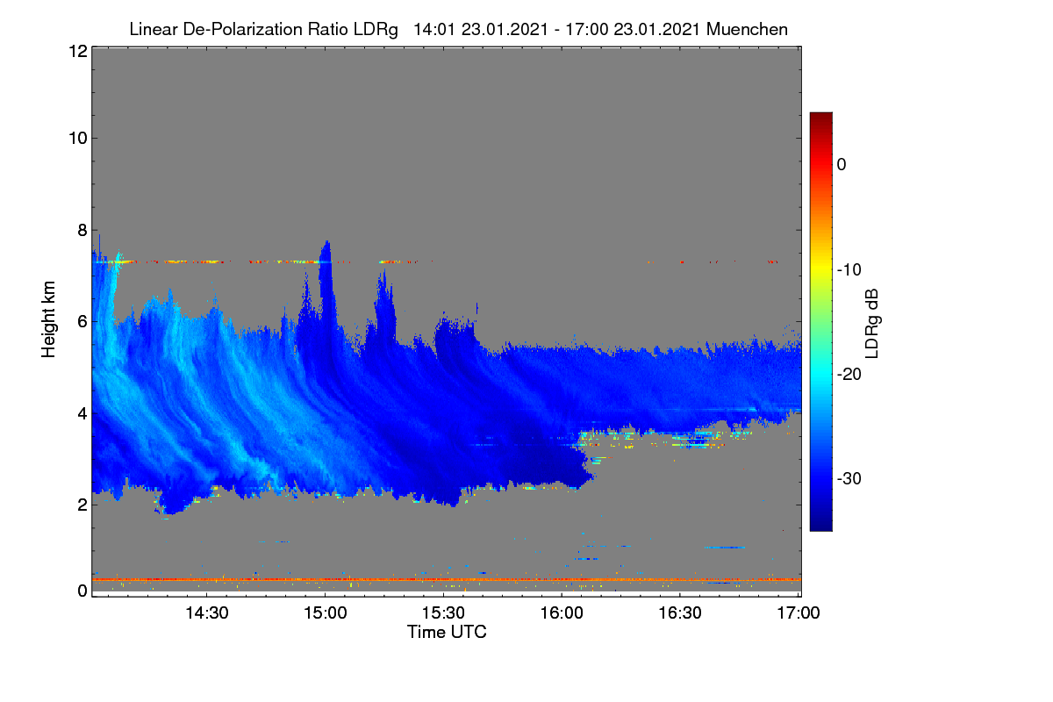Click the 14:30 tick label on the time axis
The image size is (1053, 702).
[207, 613]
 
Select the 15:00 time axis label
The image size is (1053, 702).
[326, 613]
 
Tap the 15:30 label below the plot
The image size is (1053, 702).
[443, 613]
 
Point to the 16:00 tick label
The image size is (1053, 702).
[562, 613]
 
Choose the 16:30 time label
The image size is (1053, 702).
[680, 613]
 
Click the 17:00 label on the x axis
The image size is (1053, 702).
[799, 613]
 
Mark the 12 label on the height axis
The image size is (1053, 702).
[78, 51]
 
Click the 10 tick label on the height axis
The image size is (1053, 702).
[78, 139]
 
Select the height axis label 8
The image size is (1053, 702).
[82, 231]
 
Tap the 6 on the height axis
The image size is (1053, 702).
[82, 322]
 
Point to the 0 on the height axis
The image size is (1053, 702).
[82, 591]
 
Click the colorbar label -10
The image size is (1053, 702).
[849, 270]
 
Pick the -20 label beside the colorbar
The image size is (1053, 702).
[849, 375]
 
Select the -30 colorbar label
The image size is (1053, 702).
[849, 478]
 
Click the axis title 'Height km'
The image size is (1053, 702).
[48, 319]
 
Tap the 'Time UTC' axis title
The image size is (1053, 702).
[447, 632]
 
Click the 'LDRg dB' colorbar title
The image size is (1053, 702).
[871, 324]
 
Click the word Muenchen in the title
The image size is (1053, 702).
[747, 29]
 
